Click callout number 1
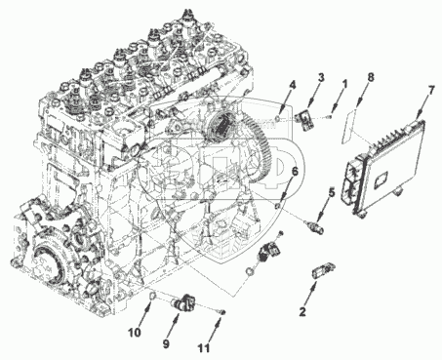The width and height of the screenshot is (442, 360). (x=343, y=84)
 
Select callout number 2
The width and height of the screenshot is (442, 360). (x=302, y=311)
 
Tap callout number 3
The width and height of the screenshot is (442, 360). (x=321, y=77)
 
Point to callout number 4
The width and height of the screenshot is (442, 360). (x=293, y=85)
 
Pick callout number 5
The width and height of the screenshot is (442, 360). (x=331, y=192)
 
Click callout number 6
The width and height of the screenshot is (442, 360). (x=295, y=172)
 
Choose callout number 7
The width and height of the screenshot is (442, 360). (x=430, y=91)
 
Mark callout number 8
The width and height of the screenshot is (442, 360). (x=370, y=77)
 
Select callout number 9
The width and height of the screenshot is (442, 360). (x=166, y=344)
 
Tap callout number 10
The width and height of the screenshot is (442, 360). (x=134, y=333)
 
